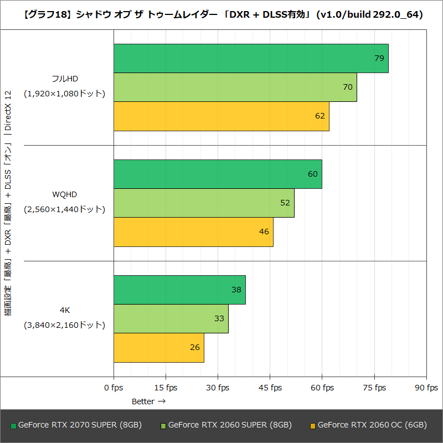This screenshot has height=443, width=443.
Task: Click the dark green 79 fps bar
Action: point(251,58)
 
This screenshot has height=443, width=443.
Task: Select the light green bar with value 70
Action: point(235,87)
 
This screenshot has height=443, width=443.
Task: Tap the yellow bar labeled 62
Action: point(221,116)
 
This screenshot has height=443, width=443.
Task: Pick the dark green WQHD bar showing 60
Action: point(218,174)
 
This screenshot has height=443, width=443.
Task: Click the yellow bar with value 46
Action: point(193,231)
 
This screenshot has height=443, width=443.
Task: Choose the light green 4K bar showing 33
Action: point(171,318)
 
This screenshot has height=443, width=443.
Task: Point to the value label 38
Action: point(237,290)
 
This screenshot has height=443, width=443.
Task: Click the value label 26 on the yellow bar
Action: point(195,347)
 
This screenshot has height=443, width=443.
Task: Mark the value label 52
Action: point(285,203)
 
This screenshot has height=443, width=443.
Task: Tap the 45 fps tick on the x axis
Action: point(270,388)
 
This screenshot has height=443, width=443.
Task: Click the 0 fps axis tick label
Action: point(114,388)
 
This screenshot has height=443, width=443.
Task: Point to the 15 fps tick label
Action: point(166,388)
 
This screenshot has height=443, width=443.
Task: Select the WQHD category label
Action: point(64,194)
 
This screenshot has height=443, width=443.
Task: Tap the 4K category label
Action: point(64,310)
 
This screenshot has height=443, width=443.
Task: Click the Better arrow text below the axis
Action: point(148,401)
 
